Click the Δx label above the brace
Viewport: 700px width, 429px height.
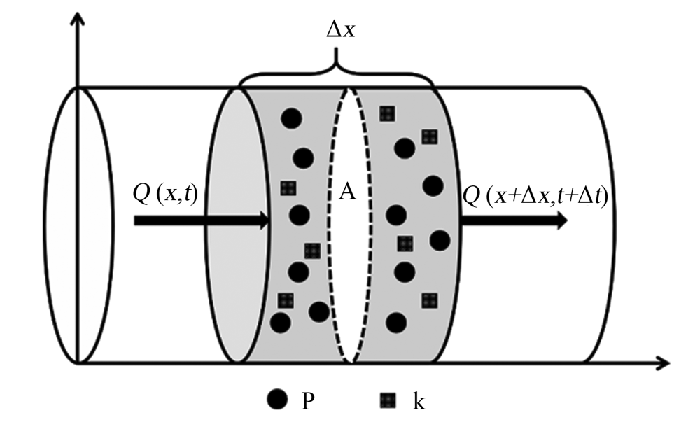coord(341,30)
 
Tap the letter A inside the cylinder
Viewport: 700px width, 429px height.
coord(347,192)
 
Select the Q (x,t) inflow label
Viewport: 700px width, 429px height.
coord(165,194)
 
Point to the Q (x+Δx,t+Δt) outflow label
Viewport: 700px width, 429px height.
coord(535,195)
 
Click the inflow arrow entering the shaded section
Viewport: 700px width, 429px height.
coord(202,220)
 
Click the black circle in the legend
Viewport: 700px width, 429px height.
coord(277,399)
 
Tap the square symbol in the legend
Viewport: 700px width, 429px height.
coord(388,400)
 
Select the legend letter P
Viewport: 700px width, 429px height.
coord(307,400)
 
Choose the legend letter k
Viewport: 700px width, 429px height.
coord(419,400)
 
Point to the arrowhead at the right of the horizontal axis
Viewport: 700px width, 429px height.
coord(662,363)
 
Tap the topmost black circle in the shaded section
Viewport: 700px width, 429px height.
coord(291,118)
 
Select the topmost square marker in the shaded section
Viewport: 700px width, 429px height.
coord(388,114)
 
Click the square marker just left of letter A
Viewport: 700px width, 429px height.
coord(288,188)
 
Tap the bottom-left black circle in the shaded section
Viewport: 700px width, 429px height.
coord(281,323)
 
